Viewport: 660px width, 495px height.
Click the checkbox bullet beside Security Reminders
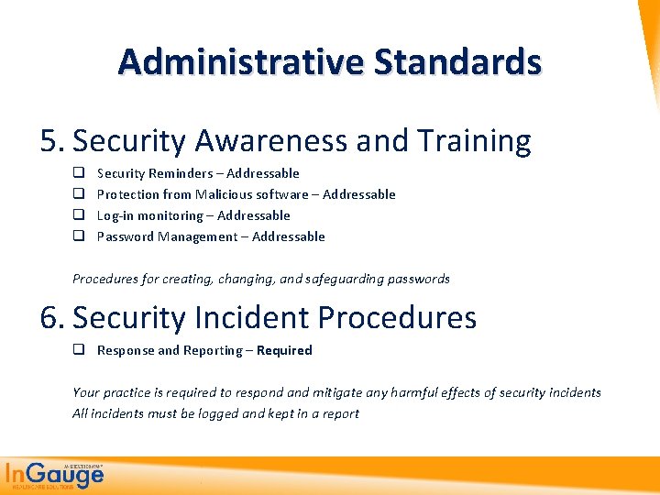(79, 173)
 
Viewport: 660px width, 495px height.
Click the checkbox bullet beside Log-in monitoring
(79, 215)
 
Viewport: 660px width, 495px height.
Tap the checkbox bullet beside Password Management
(79, 236)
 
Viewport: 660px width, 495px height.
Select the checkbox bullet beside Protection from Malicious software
(79, 194)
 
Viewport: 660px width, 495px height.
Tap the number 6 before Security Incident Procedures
(49, 318)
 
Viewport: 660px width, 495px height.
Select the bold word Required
(284, 350)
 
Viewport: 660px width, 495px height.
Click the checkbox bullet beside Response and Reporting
(79, 350)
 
